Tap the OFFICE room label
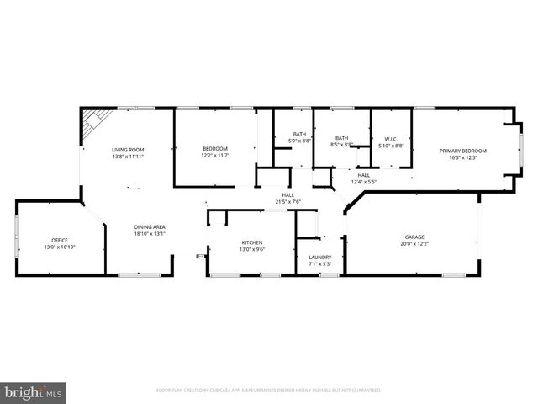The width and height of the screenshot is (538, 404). (x=59, y=240)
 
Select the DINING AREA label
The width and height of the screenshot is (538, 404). (x=150, y=227)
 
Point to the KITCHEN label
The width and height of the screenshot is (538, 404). (x=252, y=242)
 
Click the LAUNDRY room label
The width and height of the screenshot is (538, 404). (x=319, y=258)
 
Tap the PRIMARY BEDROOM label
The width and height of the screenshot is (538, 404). (x=463, y=151)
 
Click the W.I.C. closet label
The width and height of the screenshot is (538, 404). (x=391, y=138)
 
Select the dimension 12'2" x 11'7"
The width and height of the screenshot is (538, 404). (x=215, y=156)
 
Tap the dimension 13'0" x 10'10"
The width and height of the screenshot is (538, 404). (x=59, y=247)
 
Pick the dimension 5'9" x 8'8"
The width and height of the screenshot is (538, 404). (x=300, y=141)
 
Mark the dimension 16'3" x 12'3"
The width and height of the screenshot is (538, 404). (x=463, y=157)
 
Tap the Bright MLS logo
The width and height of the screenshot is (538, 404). (x=34, y=391)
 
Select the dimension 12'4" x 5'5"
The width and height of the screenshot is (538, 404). (x=363, y=181)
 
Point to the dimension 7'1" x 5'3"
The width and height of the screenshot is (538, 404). (x=319, y=264)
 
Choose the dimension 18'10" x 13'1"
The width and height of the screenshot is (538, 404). (x=150, y=234)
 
